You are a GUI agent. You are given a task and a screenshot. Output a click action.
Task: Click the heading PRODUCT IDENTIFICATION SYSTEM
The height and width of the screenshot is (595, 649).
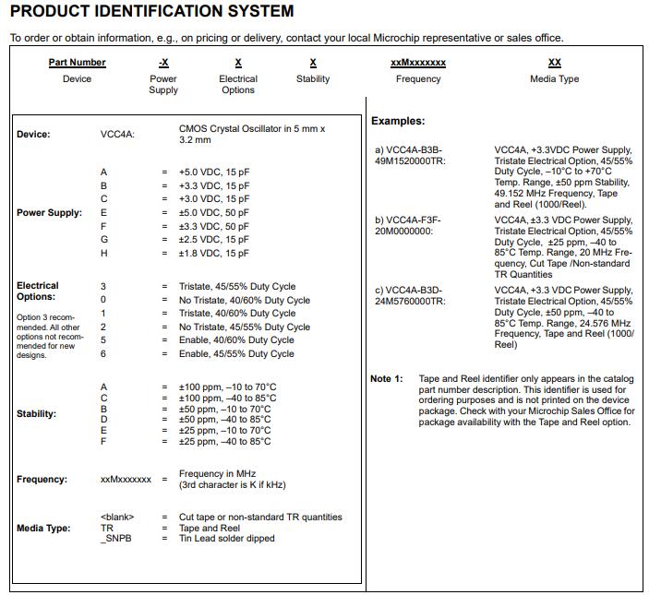pyautogui.click(x=152, y=12)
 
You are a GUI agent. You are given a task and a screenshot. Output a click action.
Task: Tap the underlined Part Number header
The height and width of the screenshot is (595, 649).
pyautogui.click(x=77, y=63)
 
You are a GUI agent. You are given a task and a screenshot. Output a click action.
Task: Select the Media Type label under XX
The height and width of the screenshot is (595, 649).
pyautogui.click(x=554, y=79)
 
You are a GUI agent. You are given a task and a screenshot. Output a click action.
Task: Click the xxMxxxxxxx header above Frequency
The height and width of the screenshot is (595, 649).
pyautogui.click(x=418, y=63)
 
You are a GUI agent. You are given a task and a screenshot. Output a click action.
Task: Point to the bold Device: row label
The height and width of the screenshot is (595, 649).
pyautogui.click(x=33, y=135)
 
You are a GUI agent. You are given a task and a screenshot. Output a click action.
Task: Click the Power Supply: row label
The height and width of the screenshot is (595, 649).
pyautogui.click(x=49, y=213)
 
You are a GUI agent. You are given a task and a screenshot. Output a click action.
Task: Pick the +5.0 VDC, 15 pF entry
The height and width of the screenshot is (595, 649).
pyautogui.click(x=214, y=173)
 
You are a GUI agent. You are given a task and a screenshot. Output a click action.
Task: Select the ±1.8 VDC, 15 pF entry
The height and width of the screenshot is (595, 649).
pyautogui.click(x=214, y=254)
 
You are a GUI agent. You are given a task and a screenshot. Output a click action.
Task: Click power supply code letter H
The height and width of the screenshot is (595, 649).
pyautogui.click(x=103, y=254)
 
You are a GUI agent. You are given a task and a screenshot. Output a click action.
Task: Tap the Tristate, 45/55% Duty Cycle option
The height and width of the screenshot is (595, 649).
pyautogui.click(x=237, y=287)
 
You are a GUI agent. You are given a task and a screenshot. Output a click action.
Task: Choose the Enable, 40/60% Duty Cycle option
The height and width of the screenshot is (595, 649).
pyautogui.click(x=237, y=340)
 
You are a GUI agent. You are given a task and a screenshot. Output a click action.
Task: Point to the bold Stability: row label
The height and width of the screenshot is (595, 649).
pyautogui.click(x=36, y=414)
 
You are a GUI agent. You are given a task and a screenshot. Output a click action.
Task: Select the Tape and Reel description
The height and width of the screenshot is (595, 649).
pyautogui.click(x=215, y=529)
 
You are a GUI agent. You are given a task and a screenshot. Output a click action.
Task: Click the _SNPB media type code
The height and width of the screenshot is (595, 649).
pyautogui.click(x=114, y=540)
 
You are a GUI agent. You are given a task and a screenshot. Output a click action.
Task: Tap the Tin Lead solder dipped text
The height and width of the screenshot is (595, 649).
pyautogui.click(x=226, y=540)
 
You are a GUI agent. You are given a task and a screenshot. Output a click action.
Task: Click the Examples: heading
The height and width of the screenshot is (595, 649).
pyautogui.click(x=398, y=121)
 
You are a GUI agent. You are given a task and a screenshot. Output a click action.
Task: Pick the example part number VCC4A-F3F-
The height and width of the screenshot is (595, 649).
pyautogui.click(x=408, y=220)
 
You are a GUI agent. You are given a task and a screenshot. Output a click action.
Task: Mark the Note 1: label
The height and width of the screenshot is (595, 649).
pyautogui.click(x=387, y=379)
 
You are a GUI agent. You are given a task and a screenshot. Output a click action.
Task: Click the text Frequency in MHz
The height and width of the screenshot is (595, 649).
pyautogui.click(x=217, y=474)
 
